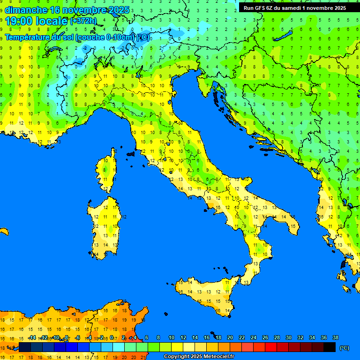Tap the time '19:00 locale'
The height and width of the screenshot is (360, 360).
point(37,21)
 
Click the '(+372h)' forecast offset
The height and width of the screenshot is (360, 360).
point(83,21)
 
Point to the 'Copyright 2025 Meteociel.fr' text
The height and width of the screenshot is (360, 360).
point(199,357)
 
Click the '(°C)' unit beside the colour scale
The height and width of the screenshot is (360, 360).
point(344,348)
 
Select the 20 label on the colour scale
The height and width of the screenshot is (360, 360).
point(230,337)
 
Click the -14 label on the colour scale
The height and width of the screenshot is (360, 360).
point(32,337)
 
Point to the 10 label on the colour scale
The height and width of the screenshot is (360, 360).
point(172,337)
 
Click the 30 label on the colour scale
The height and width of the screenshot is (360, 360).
point(288,337)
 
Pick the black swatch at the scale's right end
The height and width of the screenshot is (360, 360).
point(330,347)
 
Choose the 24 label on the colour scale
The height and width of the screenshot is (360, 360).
point(254,337)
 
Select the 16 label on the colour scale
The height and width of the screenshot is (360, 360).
point(207,337)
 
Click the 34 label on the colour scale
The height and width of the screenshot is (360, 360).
point(312,337)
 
